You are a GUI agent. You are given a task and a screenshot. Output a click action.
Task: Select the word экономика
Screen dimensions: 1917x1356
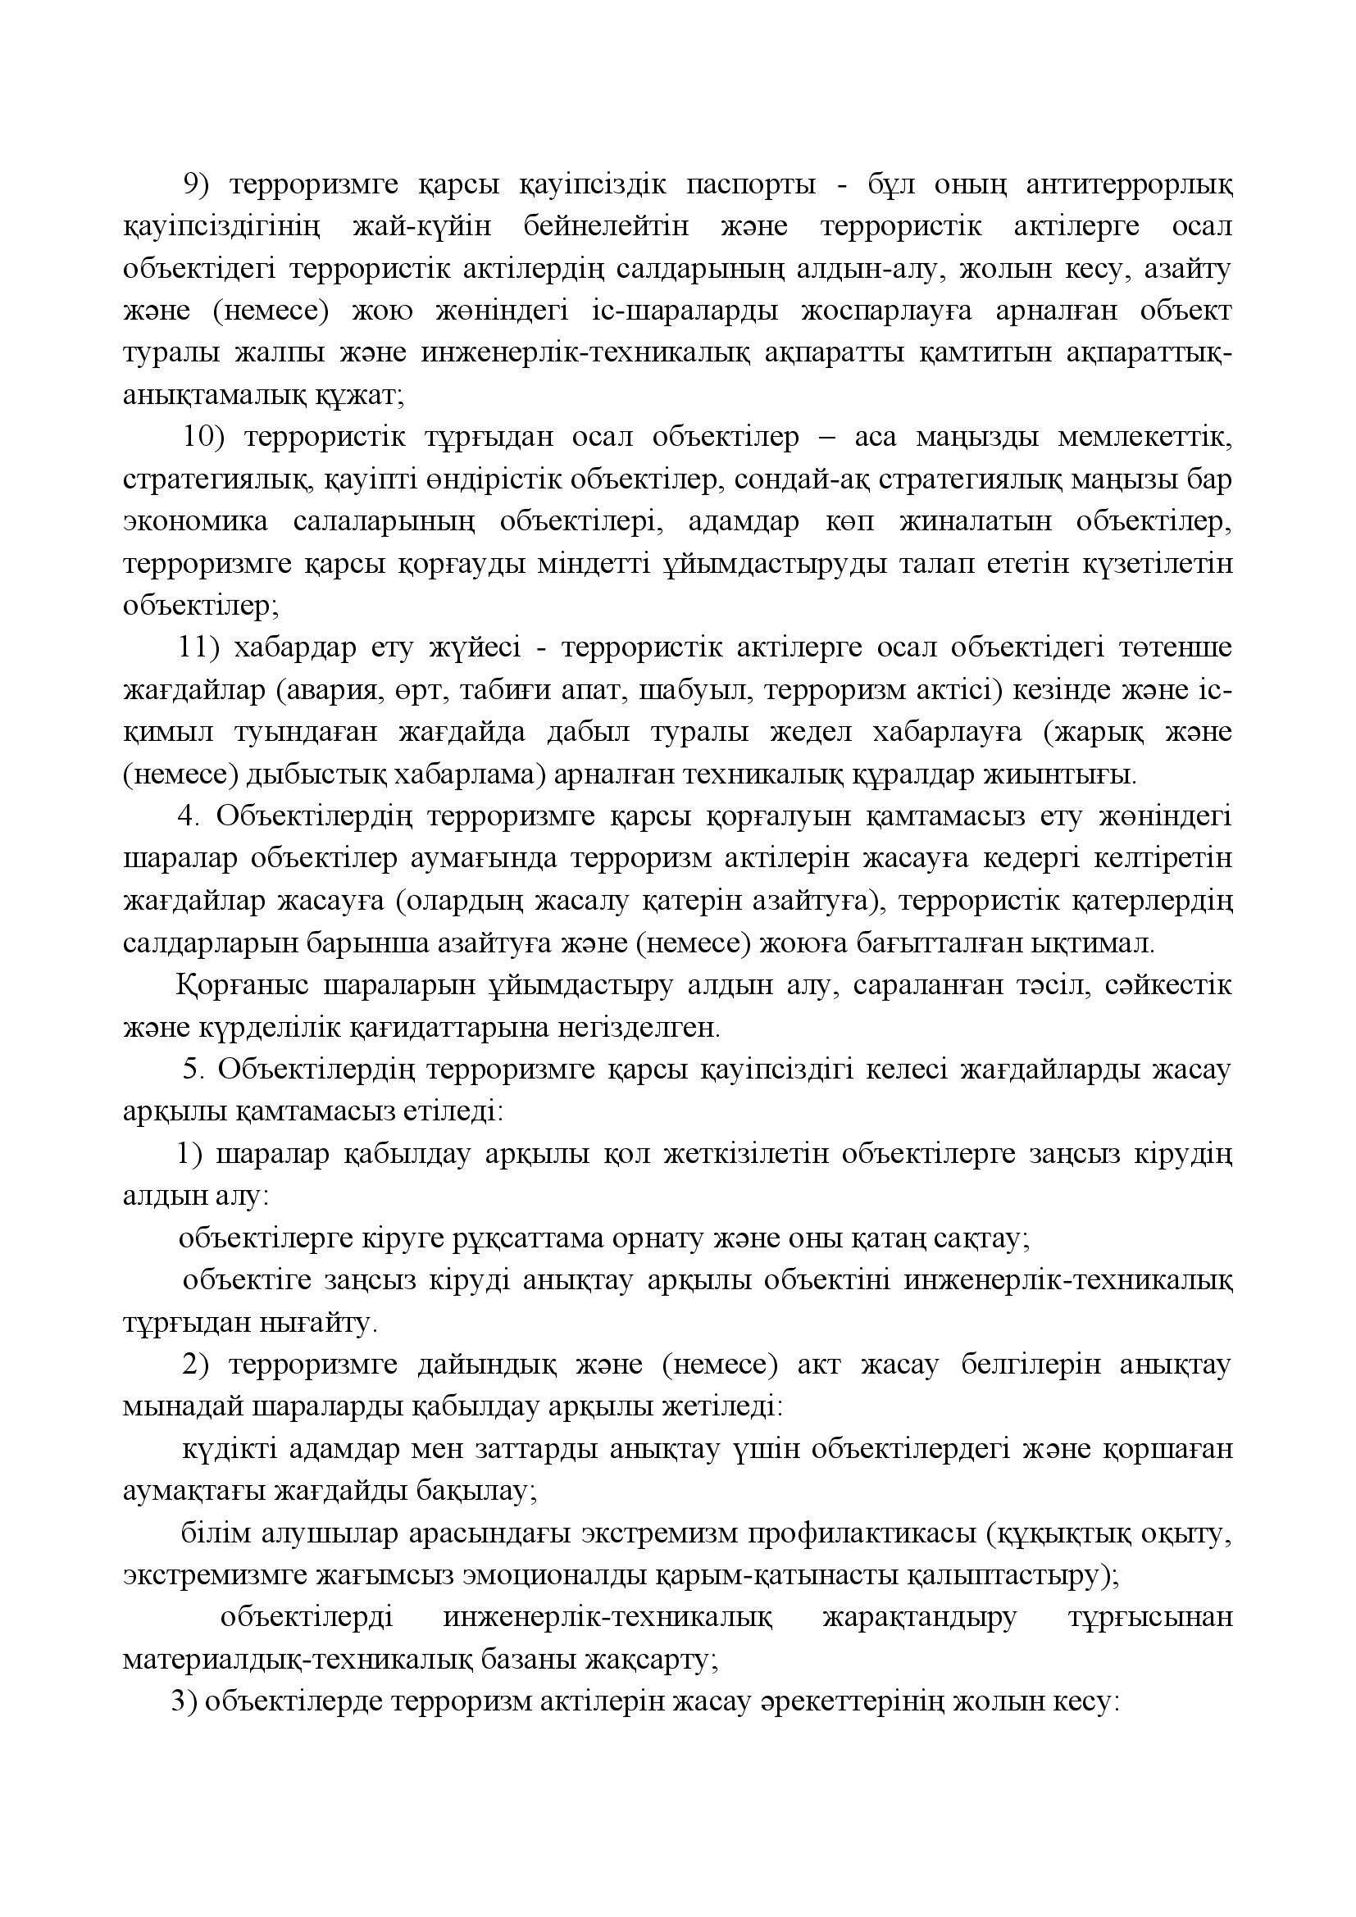(x=195, y=521)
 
